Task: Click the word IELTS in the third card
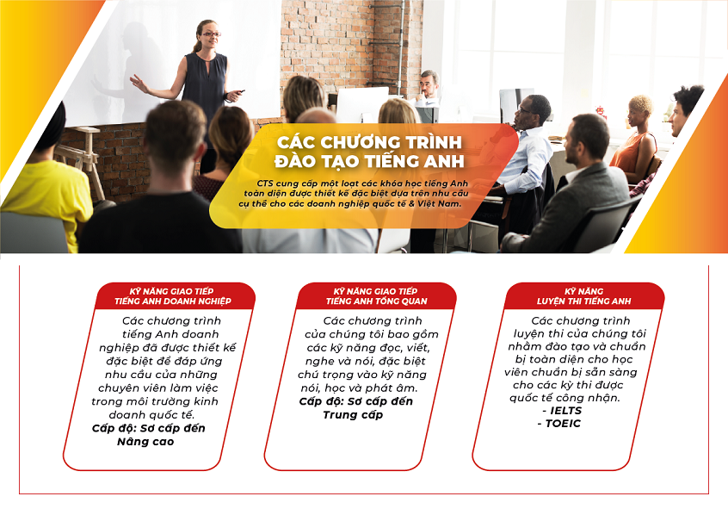pos(565,411)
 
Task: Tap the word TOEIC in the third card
pos(563,424)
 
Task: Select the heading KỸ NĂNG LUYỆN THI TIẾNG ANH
pos(583,296)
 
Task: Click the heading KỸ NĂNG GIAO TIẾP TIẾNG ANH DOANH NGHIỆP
pos(173,296)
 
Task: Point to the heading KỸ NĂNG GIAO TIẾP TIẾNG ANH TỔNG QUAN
pos(376,296)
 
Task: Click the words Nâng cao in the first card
pos(145,442)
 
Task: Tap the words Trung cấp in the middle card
pos(353,414)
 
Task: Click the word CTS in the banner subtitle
pos(265,183)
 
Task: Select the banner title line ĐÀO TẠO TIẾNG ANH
pos(369,161)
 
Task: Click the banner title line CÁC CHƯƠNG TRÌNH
pos(369,142)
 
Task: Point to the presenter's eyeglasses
pos(211,34)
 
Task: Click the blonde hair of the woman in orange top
pos(641,103)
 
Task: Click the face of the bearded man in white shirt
pos(428,86)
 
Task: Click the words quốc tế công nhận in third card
pos(565,398)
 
